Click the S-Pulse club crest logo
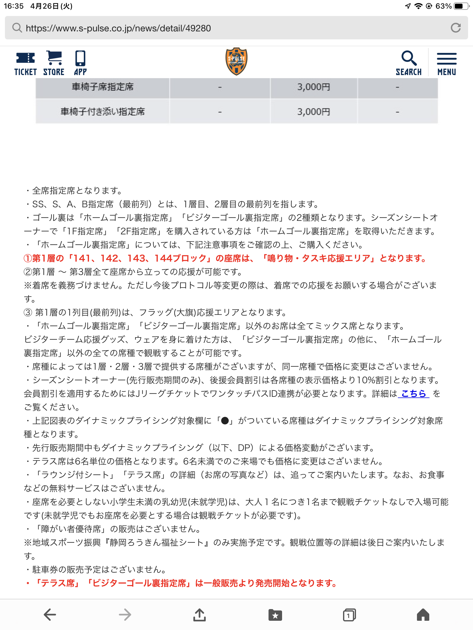click(x=236, y=62)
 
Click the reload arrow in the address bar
click(x=456, y=28)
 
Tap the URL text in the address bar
click(x=118, y=28)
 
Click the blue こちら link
click(x=414, y=393)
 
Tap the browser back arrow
click(x=50, y=615)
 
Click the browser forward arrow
click(x=125, y=615)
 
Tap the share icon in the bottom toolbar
click(x=200, y=615)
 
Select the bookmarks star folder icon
click(x=275, y=615)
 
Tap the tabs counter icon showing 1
click(x=349, y=615)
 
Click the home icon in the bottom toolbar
click(x=423, y=615)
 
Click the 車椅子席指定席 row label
click(x=103, y=87)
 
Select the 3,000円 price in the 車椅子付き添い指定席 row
click(x=313, y=112)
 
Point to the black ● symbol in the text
click(x=225, y=421)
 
